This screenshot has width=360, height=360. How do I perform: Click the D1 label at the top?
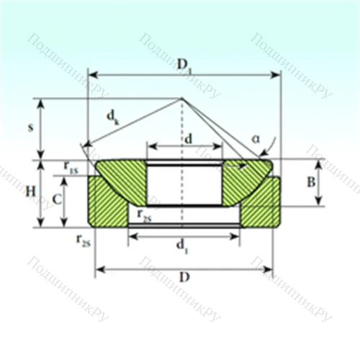click(x=184, y=64)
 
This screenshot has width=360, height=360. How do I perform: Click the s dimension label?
click(x=30, y=127)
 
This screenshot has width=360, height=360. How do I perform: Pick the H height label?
click(x=29, y=192)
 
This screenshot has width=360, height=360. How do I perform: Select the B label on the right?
click(x=311, y=182)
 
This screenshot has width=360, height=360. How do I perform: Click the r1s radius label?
click(x=71, y=167)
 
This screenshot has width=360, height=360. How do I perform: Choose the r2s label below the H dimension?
click(x=83, y=240)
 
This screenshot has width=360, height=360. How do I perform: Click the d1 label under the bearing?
click(x=183, y=247)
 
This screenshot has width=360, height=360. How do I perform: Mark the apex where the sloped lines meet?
click(x=181, y=99)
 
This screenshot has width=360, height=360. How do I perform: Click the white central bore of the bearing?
click(x=184, y=184)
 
